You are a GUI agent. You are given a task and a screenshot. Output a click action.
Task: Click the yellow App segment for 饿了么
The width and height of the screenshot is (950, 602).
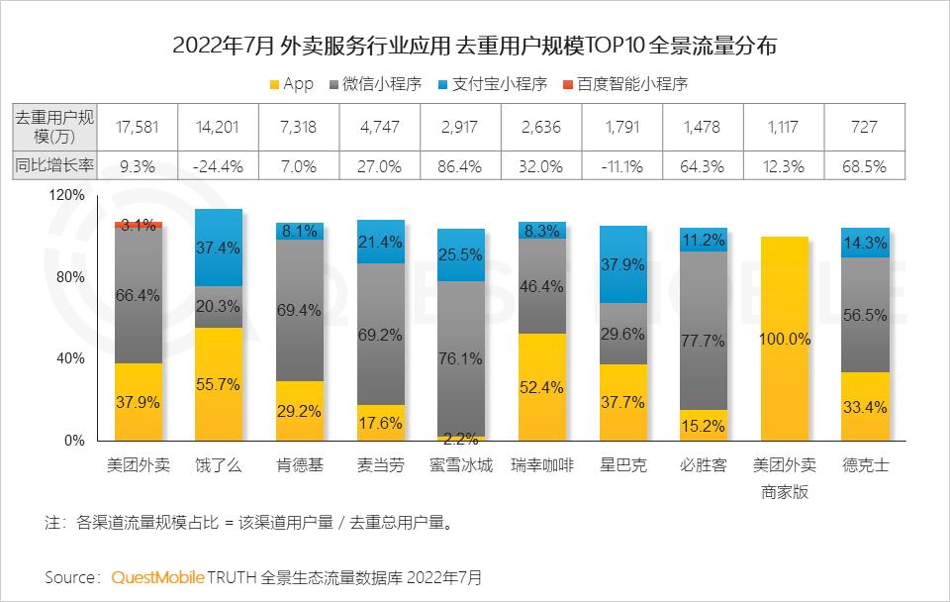point(219,384)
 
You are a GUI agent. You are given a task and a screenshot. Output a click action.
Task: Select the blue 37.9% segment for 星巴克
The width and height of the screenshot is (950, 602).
point(623,264)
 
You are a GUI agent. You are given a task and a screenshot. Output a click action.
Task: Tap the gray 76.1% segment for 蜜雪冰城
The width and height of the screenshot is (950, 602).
point(461,358)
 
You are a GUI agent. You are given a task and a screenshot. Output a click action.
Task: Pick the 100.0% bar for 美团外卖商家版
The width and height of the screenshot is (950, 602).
point(786,339)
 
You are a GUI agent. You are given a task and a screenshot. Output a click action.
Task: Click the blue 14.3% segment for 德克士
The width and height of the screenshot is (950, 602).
point(865,243)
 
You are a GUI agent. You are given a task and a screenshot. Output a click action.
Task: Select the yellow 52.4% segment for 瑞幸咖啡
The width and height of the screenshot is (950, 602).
point(542,387)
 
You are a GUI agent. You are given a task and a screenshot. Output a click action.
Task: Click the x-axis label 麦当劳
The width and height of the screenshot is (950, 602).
point(380,465)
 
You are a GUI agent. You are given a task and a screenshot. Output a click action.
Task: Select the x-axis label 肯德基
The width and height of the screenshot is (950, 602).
point(299,465)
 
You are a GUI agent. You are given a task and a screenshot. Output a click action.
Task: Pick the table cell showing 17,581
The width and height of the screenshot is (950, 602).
point(138,127)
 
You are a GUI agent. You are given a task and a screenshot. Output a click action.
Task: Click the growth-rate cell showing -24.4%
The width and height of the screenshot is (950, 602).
point(219,167)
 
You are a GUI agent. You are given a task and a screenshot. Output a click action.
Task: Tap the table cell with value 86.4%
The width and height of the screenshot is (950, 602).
point(461,167)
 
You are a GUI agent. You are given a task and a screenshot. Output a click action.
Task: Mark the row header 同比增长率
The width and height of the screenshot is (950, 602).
point(54,167)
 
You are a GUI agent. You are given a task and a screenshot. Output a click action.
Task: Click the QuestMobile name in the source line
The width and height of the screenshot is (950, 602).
point(158,576)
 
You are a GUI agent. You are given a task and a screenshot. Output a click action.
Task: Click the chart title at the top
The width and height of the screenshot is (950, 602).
point(475,46)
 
